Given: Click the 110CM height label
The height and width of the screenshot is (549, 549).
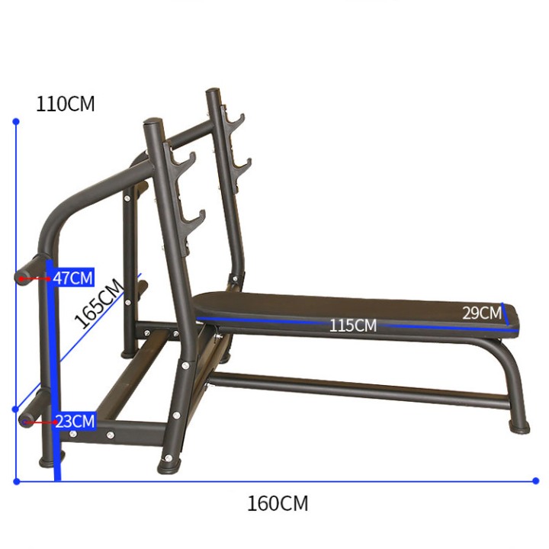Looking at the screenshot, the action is coord(65,104).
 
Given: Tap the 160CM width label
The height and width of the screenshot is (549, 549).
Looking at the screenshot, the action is coord(278,503).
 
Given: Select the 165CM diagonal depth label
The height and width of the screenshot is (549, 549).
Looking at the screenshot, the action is coord(98,303).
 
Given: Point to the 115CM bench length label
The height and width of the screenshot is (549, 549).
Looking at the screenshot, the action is coord(353,326).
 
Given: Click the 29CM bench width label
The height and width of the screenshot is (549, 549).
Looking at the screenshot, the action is coord(482,313).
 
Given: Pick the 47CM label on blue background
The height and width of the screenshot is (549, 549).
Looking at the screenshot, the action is coord(73,278).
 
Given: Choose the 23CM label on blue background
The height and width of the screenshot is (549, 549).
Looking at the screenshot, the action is coord(75,421).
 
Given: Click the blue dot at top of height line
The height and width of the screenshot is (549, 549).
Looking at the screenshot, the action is coord(16,121).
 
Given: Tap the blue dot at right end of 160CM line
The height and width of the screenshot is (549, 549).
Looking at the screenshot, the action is coord(535,480).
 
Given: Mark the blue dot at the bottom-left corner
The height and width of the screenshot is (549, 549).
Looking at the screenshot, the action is coord(16,482).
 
